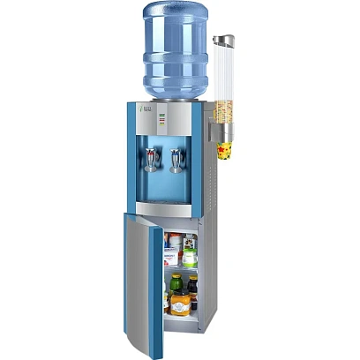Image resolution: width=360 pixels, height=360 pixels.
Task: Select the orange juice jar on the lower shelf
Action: (180, 304)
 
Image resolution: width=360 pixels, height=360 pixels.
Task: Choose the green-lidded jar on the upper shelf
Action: (189, 257)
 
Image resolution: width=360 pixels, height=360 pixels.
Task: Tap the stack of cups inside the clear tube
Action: (223, 97)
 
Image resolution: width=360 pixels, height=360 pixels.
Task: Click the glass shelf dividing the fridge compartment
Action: (182, 269)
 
